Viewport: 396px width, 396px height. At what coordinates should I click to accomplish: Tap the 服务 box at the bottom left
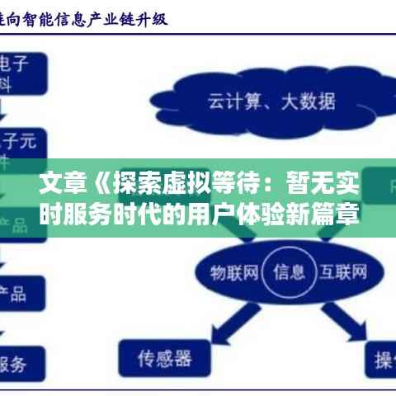point(21,363)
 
